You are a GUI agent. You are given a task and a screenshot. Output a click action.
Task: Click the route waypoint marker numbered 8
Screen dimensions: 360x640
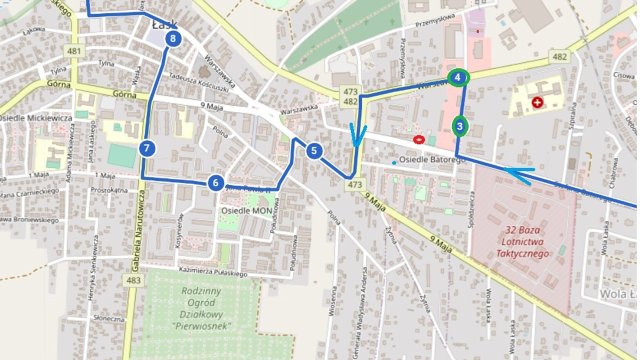(174, 39)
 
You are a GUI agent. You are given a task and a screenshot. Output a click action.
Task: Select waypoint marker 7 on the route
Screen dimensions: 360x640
(147, 148)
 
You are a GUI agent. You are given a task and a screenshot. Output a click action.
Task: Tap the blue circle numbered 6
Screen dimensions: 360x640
(216, 182)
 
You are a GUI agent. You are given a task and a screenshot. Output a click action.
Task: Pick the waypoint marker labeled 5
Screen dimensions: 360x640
(314, 151)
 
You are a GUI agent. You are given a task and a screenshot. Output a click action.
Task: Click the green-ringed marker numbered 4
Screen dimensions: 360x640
(457, 78)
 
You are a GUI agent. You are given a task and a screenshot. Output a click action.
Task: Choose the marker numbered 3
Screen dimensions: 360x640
(459, 126)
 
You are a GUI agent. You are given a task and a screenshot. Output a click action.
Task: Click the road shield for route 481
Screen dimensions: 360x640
(74, 50)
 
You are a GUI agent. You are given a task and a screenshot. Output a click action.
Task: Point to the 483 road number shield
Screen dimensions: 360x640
(134, 280)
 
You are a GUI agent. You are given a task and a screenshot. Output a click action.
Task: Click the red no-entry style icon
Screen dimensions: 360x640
(417, 139)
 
